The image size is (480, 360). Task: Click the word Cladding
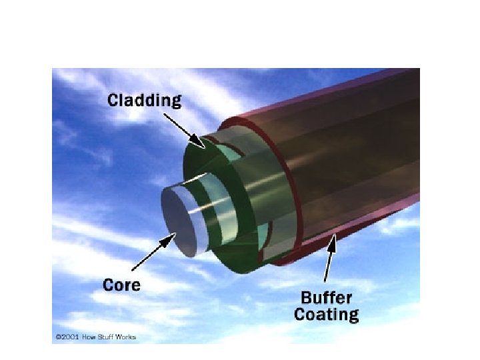tap(144, 101)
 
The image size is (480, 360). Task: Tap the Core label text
tap(122, 285)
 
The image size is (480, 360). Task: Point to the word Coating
tap(326, 313)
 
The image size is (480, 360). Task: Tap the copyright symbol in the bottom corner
tap(58, 337)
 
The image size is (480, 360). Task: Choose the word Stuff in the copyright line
tap(105, 337)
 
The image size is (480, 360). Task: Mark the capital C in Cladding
tap(114, 101)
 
